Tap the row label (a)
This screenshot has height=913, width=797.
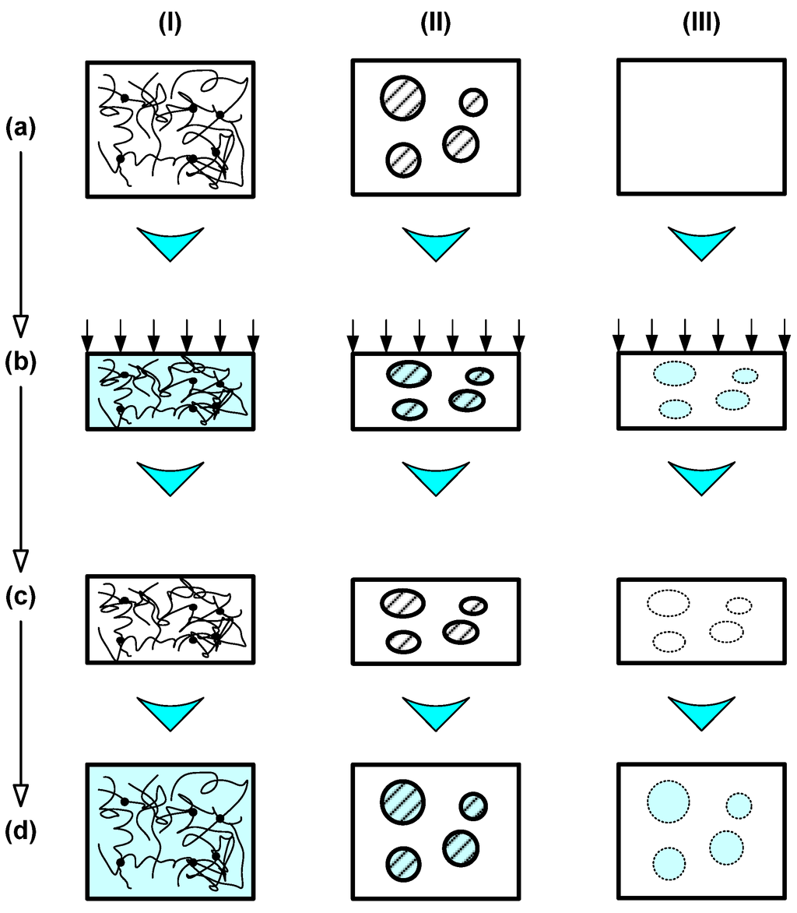pos(21,125)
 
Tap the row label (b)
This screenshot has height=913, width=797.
pos(21,361)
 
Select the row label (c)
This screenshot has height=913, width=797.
pos(21,598)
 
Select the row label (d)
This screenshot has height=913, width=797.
pos(21,833)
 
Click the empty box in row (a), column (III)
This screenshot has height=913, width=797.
pos(700,127)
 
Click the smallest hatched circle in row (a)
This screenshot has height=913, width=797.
pos(472,101)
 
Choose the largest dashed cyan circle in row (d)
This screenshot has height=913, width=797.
pos(668,800)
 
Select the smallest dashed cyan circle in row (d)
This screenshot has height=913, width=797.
pos(739,805)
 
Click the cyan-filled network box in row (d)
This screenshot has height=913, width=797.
pos(170,832)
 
